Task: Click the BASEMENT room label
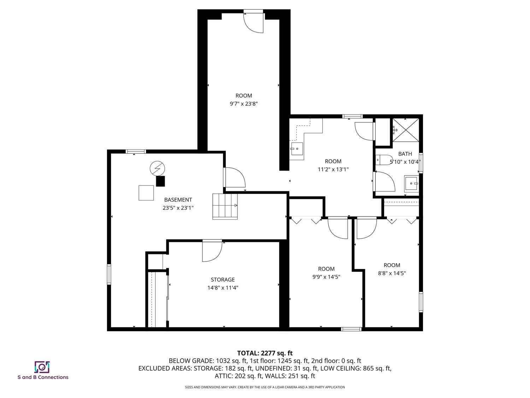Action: pyautogui.click(x=178, y=200)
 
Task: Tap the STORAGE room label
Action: pyautogui.click(x=223, y=279)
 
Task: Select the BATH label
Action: pyautogui.click(x=405, y=154)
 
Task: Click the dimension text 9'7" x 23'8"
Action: pyautogui.click(x=244, y=104)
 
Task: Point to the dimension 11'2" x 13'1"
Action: pyautogui.click(x=333, y=169)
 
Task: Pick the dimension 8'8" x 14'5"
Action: pyautogui.click(x=391, y=273)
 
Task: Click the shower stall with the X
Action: pyautogui.click(x=406, y=130)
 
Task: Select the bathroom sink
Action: pyautogui.click(x=411, y=183)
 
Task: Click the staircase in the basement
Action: pyautogui.click(x=225, y=207)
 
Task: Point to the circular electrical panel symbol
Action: pyautogui.click(x=157, y=168)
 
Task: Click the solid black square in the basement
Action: pyautogui.click(x=160, y=181)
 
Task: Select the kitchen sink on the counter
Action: pyautogui.click(x=297, y=149)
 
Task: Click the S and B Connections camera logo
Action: pyautogui.click(x=42, y=367)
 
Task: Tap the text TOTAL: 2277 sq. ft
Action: pyautogui.click(x=265, y=353)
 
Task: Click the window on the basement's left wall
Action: pyautogui.click(x=109, y=275)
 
